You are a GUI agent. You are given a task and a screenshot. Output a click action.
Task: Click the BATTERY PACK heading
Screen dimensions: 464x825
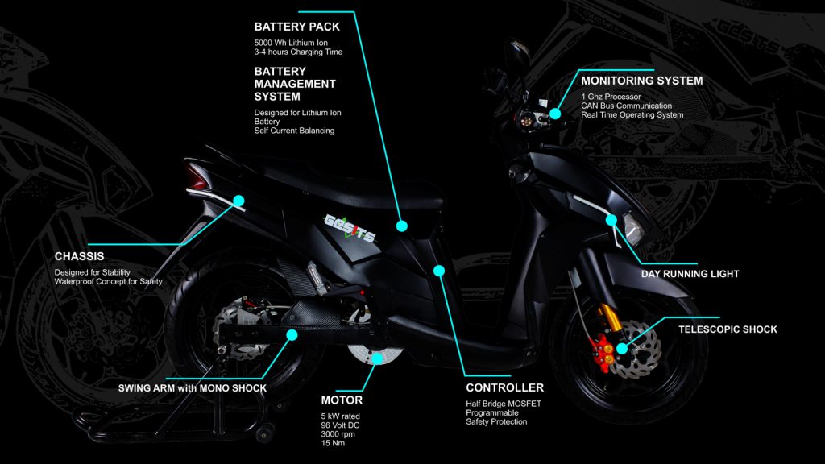(x=296, y=27)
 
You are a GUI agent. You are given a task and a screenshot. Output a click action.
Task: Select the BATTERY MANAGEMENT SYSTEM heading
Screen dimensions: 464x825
(x=295, y=84)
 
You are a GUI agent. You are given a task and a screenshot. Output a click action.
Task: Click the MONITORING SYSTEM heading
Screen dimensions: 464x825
(x=641, y=81)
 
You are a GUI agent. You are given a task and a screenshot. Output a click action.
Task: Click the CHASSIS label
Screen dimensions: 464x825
(x=80, y=256)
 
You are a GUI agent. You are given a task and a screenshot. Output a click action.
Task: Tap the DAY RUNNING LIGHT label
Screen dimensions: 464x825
(x=690, y=274)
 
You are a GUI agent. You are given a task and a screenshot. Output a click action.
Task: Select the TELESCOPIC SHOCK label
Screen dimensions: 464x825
(x=728, y=329)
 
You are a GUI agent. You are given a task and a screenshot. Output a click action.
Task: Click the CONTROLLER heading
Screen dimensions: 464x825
(x=504, y=387)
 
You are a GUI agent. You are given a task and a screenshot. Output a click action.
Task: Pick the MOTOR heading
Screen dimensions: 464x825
(x=342, y=400)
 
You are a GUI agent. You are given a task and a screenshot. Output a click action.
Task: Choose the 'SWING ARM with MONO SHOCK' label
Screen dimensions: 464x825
(x=192, y=387)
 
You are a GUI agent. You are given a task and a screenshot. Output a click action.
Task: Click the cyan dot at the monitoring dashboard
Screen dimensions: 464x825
(x=555, y=114)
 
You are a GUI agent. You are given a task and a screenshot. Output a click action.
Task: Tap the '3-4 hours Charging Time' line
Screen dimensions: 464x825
(x=298, y=52)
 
